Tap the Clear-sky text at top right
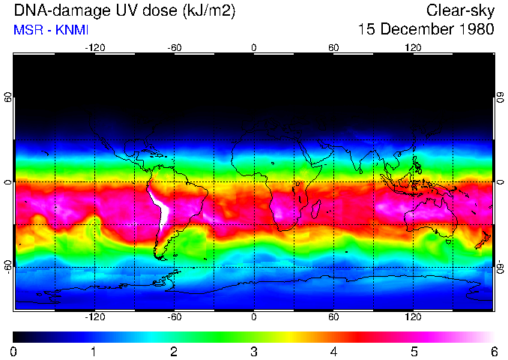[460, 10]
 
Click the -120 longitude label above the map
[94, 48]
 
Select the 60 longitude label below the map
[333, 317]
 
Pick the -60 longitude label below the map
[175, 317]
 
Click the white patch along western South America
[160, 207]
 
